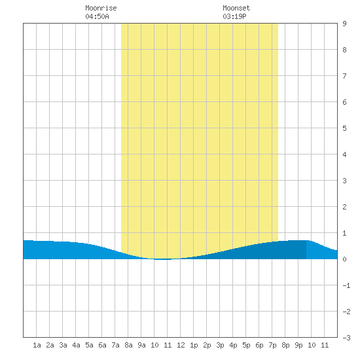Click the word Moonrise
click(101, 8)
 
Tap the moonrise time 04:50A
click(97, 16)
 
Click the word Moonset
click(236, 8)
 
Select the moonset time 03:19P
click(234, 16)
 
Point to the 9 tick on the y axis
click(344, 24)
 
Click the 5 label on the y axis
click(344, 128)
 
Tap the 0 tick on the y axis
click(344, 259)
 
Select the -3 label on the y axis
click(346, 338)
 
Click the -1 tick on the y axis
click(346, 285)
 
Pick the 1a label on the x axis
click(37, 345)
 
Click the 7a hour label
click(115, 345)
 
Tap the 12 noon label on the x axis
click(181, 345)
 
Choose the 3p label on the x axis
click(220, 345)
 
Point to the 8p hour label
click(285, 345)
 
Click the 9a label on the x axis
click(141, 345)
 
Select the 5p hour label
click(246, 345)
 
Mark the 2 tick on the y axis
click(344, 207)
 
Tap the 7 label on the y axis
click(344, 76)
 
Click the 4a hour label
click(76, 345)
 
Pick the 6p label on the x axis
click(259, 345)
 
